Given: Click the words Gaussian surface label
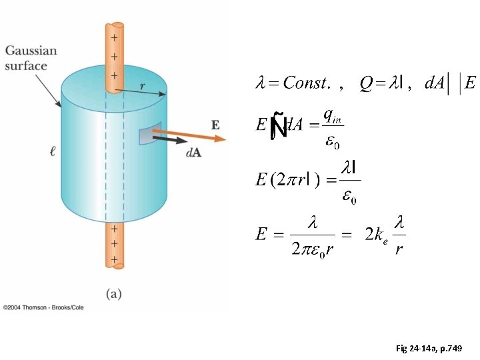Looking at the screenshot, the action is point(31,58).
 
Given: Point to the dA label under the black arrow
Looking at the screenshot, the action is point(193,153).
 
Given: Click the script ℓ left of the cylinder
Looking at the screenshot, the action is point(52,152).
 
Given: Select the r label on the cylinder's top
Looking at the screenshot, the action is point(143,85).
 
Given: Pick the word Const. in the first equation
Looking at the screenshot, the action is point(307,83).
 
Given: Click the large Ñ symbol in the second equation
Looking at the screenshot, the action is point(279,127).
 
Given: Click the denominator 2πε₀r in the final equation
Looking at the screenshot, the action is point(311,249).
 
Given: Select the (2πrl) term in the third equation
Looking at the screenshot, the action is point(297,180).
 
